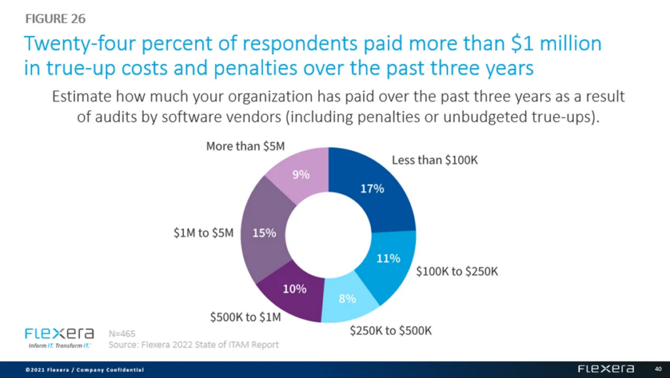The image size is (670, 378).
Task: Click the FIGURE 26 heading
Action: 55,18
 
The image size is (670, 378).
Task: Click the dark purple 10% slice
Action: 292,289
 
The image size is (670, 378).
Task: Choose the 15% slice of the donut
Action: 264,233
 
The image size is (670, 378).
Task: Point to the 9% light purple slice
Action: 300,175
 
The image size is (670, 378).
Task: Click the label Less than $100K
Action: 434,161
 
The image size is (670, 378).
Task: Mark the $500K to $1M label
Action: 244,318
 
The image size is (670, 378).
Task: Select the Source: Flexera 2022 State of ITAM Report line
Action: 194,345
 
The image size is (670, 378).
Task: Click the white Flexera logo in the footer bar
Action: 605,369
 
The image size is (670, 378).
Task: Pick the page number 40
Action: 658,369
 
